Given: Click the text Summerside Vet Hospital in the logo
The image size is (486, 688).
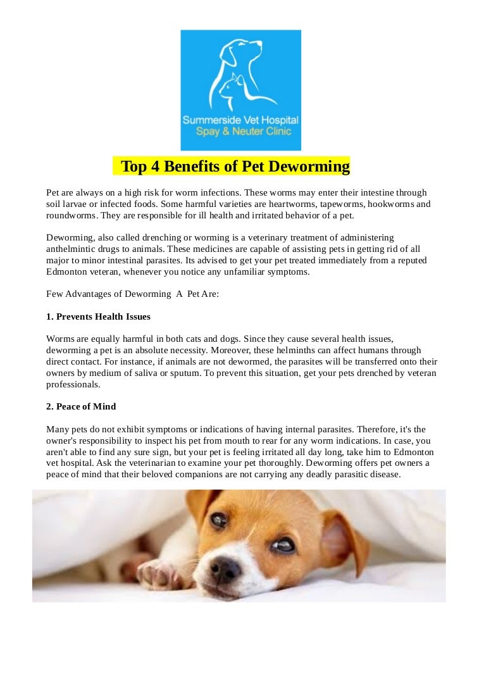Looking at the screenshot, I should pyautogui.click(x=240, y=120).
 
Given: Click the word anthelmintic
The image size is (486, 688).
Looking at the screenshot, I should pyautogui.click(x=77, y=249).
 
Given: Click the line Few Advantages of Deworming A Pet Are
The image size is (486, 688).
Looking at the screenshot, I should pyautogui.click(x=132, y=294).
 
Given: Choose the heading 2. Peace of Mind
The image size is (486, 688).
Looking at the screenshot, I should pyautogui.click(x=81, y=406).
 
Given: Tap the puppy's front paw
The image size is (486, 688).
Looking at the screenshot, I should pyautogui.click(x=154, y=573).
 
